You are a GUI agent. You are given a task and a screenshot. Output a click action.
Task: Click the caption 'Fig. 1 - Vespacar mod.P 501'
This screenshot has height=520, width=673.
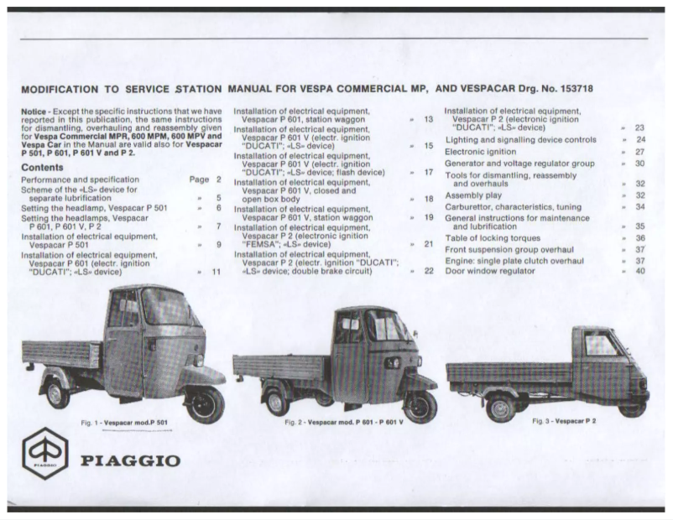pyautogui.click(x=124, y=423)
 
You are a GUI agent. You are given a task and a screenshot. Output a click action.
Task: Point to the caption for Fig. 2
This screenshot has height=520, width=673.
pyautogui.click(x=344, y=421)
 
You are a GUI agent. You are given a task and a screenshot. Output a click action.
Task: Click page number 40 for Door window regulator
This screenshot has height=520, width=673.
pyautogui.click(x=639, y=271)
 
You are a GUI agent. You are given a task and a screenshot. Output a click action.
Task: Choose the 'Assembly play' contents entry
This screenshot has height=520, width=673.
pyautogui.click(x=475, y=195)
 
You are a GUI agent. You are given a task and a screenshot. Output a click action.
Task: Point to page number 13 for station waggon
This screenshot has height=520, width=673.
pyautogui.click(x=428, y=120)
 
